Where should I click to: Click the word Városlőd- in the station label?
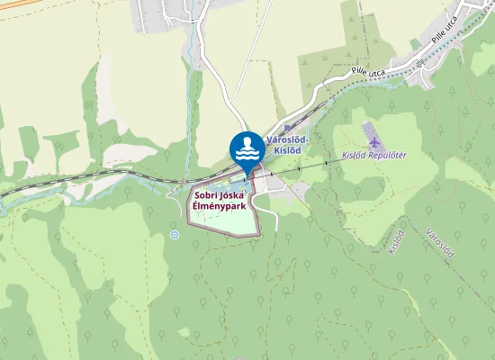click(288, 139)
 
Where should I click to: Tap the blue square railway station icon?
click(287, 129)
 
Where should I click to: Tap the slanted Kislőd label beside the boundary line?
click(397, 241)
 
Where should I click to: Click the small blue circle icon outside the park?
click(175, 235)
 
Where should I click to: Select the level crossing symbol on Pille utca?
click(419, 63)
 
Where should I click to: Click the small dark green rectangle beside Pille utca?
click(415, 43)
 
